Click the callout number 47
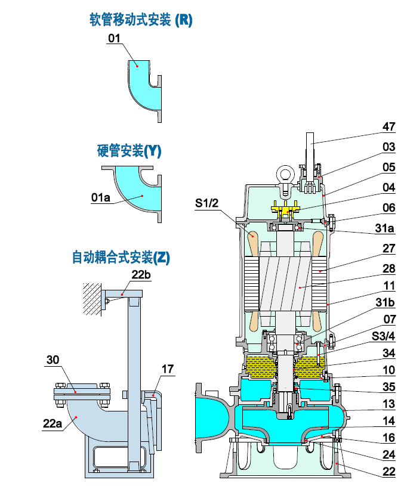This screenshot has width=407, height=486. (x=388, y=126)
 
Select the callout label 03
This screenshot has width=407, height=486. (x=388, y=147)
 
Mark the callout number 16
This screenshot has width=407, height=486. (x=388, y=437)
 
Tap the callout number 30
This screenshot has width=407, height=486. (x=53, y=360)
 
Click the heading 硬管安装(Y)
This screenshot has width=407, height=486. (x=129, y=151)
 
